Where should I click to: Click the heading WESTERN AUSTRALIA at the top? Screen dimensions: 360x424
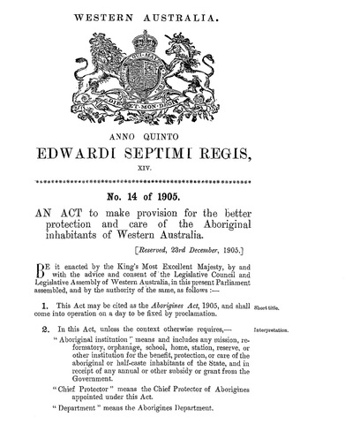click(x=181, y=15)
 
